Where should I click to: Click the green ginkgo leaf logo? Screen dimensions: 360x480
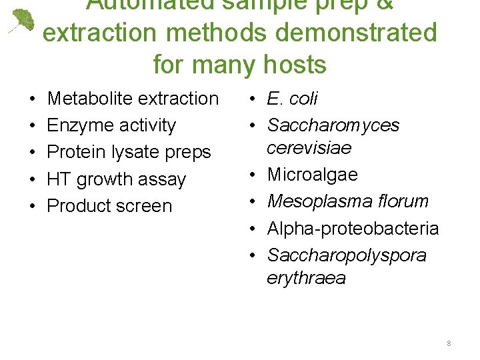point(22,21)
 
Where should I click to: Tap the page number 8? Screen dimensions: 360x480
point(449,343)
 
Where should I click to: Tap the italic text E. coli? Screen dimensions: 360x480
point(292,99)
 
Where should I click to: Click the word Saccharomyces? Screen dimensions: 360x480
point(333,125)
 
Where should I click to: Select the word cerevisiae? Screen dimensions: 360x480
point(309,147)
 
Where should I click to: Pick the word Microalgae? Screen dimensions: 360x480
point(313,175)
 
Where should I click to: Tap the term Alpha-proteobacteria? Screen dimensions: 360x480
point(353,229)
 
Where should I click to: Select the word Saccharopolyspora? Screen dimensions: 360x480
point(347,256)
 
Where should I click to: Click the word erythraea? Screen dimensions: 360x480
point(306,278)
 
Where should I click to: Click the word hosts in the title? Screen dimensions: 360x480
point(294,65)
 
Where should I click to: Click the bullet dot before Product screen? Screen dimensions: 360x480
point(33,207)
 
